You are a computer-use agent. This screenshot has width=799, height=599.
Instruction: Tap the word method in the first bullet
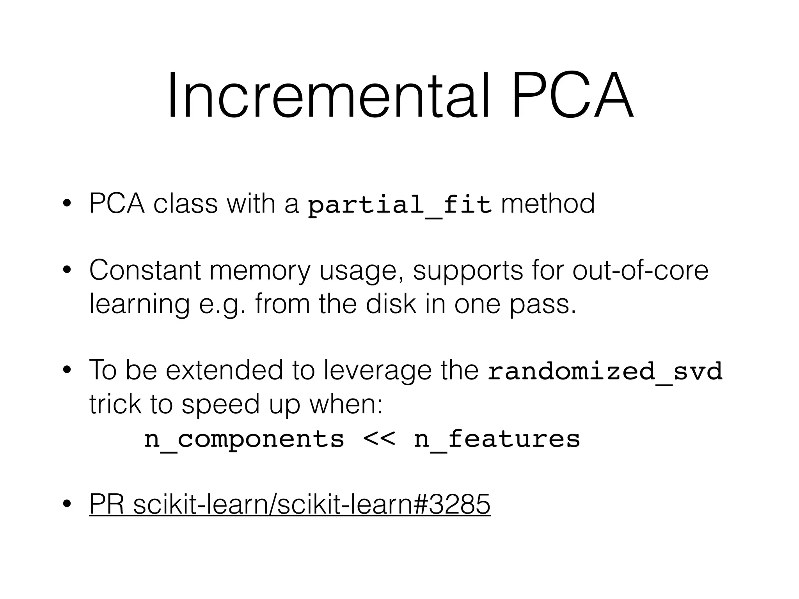point(548,204)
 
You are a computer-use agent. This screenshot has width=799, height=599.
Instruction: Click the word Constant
point(145,270)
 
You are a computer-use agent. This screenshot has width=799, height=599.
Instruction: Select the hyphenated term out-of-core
point(640,270)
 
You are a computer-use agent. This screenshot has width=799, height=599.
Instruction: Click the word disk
point(391,304)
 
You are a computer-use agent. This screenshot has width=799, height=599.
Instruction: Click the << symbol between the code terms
point(379,439)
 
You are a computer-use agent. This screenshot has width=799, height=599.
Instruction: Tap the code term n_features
point(497,439)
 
